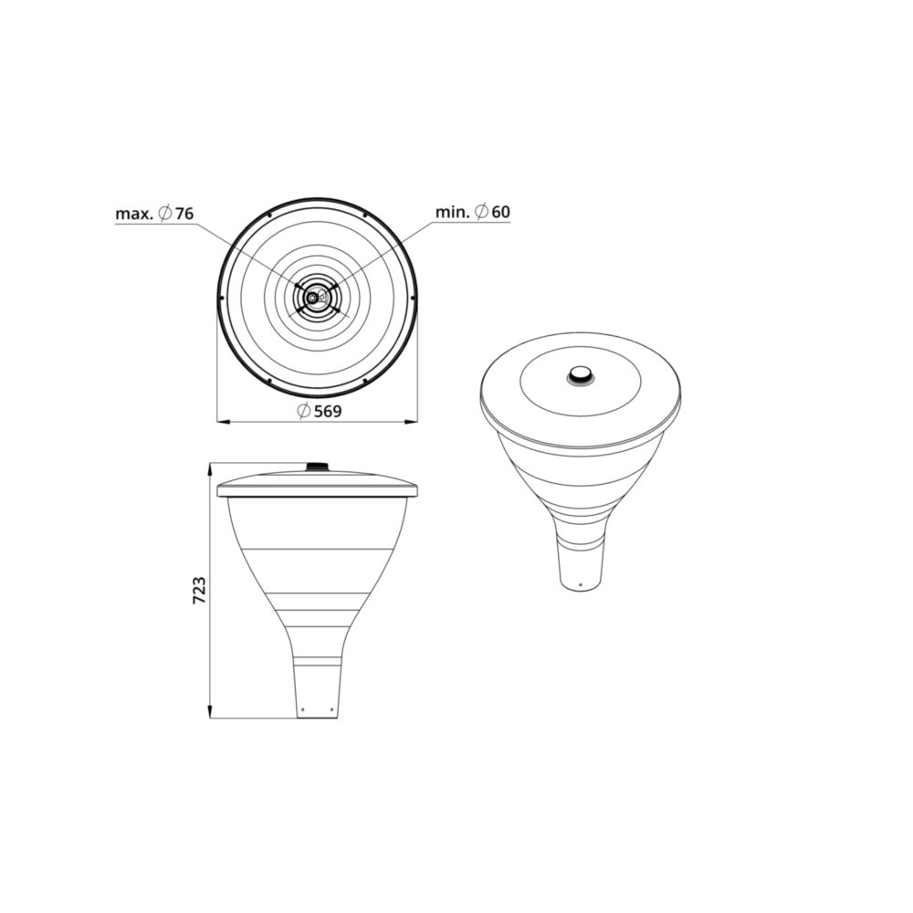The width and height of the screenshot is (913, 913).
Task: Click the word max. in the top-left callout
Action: tap(134, 214)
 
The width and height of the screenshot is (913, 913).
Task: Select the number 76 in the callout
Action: tap(184, 214)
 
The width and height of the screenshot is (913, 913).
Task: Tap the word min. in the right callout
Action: tap(453, 212)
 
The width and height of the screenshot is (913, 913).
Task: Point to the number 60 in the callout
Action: tap(500, 212)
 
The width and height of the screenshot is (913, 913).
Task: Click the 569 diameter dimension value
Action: tap(328, 412)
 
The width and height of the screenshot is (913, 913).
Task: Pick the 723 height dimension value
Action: tap(199, 590)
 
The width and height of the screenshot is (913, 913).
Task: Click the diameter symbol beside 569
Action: tap(303, 411)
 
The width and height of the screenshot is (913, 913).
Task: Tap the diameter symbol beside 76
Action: tap(164, 214)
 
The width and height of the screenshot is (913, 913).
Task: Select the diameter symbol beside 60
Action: tap(481, 212)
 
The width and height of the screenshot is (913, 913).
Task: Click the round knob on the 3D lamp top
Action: tap(581, 375)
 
